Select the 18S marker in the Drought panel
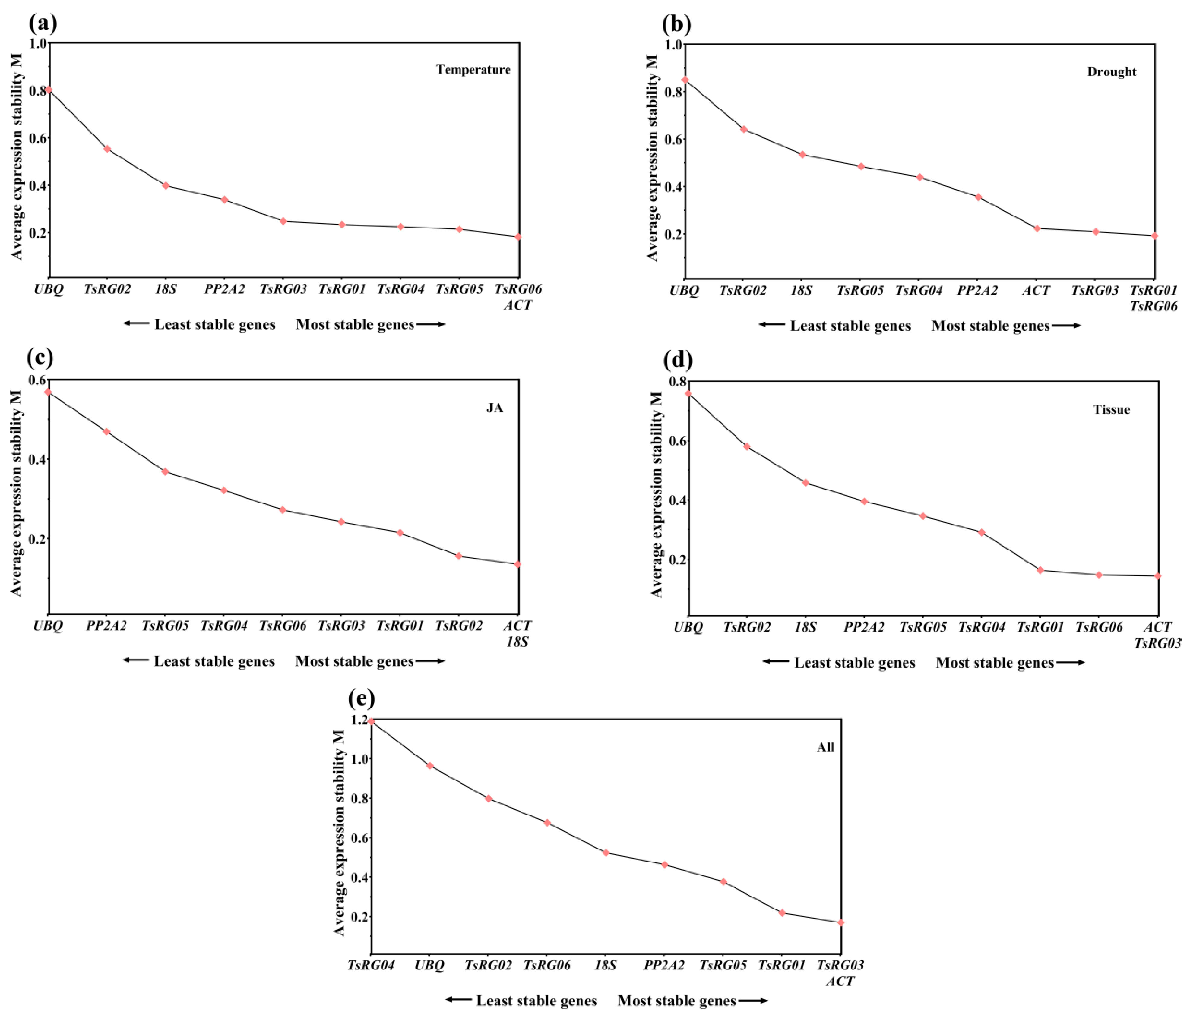tap(802, 154)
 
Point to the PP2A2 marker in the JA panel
tap(107, 431)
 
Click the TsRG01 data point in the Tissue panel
tap(1040, 570)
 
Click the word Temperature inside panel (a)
tap(473, 69)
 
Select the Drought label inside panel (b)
tap(1111, 72)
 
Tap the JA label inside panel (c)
tap(495, 408)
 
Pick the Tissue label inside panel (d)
tap(1111, 409)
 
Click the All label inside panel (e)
tap(825, 747)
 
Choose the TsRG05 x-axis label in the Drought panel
tap(860, 291)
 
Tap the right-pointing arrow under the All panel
tap(753, 1001)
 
